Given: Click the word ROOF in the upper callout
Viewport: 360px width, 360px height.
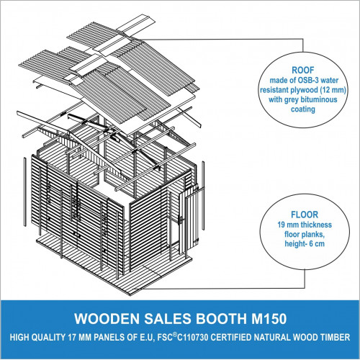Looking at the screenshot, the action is (x=303, y=70).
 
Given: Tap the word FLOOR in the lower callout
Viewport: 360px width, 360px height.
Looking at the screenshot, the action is (x=305, y=215).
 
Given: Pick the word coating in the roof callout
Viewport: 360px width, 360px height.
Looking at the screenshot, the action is (x=303, y=109).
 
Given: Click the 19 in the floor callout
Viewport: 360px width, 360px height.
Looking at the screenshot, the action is (x=282, y=225).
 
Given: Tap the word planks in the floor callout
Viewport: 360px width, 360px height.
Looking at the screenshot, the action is (x=312, y=235).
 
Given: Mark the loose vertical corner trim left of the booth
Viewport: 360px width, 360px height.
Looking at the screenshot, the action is (x=24, y=192).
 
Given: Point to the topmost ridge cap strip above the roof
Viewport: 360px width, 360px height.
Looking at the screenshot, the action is (x=136, y=24).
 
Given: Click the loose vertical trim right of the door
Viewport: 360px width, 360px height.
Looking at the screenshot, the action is (x=203, y=196).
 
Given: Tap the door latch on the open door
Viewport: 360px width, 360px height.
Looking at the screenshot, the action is (x=181, y=220).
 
